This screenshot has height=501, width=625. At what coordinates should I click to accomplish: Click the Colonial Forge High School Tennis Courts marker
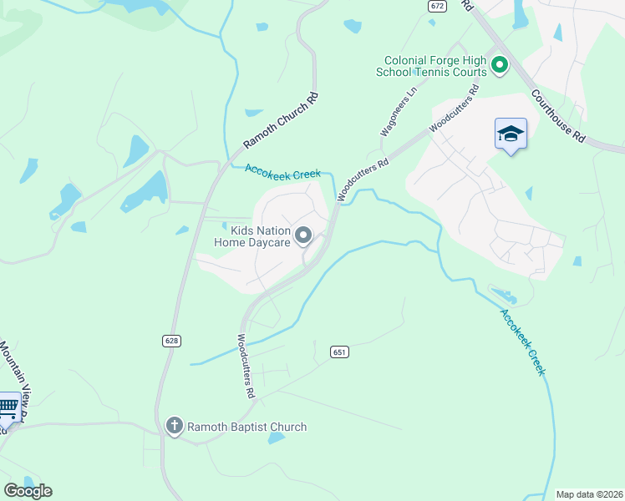(x=500, y=64)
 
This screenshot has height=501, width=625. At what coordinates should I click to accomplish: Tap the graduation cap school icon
(x=511, y=134)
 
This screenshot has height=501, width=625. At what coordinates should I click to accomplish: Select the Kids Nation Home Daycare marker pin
(x=303, y=235)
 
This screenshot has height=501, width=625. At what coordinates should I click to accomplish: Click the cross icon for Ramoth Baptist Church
(x=174, y=426)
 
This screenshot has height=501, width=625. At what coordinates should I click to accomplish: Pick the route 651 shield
(x=338, y=352)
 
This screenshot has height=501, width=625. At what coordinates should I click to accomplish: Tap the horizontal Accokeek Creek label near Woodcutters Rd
(x=282, y=171)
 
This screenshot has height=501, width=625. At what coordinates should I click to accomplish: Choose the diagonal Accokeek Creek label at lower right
(x=522, y=342)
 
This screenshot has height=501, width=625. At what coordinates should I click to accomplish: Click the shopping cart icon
(x=8, y=407)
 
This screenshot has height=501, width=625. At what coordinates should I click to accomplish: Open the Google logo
(x=28, y=490)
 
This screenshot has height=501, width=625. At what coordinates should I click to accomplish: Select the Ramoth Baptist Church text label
(x=246, y=427)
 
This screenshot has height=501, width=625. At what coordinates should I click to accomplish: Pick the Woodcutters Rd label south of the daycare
(x=245, y=366)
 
